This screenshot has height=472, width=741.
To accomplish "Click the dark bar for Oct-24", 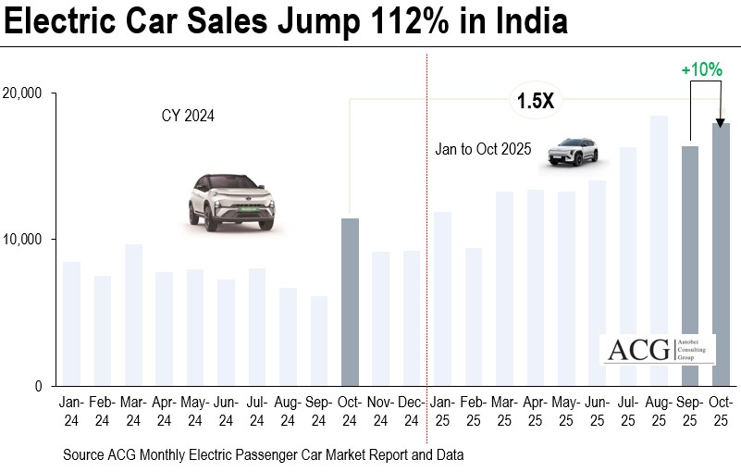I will (351, 303).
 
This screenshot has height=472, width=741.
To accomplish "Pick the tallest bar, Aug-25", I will (659, 251).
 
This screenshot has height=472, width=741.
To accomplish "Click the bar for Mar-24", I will (133, 316).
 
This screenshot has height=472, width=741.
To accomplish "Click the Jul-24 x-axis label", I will (257, 412).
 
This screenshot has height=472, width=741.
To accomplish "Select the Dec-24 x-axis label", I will (412, 412).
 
